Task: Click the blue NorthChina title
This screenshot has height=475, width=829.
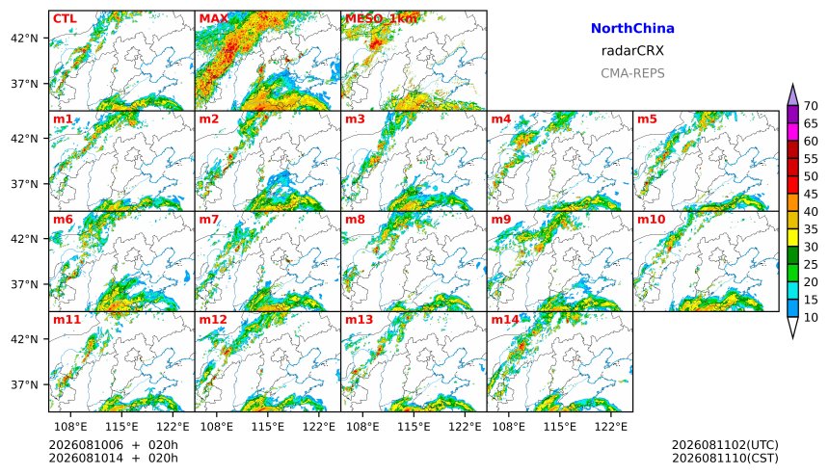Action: click(632, 29)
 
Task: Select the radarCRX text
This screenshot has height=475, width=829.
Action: click(632, 51)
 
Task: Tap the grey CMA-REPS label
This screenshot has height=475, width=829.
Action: click(632, 73)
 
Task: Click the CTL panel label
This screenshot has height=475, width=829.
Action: click(65, 18)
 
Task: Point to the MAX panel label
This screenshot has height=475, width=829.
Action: click(213, 18)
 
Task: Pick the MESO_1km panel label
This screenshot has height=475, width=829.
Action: click(381, 19)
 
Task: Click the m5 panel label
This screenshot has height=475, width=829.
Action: click(647, 119)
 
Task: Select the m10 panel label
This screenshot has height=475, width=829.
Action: click(651, 220)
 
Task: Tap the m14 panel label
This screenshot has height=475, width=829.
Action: click(505, 320)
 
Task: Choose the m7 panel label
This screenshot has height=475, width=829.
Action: click(209, 220)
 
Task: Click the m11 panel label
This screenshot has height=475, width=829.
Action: click(67, 320)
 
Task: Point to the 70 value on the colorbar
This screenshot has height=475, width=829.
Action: click(811, 106)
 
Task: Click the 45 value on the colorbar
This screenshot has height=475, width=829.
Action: click(811, 194)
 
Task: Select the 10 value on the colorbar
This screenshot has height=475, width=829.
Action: click(811, 317)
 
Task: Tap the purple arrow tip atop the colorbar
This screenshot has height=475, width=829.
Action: click(792, 85)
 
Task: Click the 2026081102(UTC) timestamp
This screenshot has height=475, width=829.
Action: click(725, 445)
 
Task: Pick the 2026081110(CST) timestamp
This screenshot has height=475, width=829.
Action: click(725, 458)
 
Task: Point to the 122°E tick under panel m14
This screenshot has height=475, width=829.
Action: click(611, 426)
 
